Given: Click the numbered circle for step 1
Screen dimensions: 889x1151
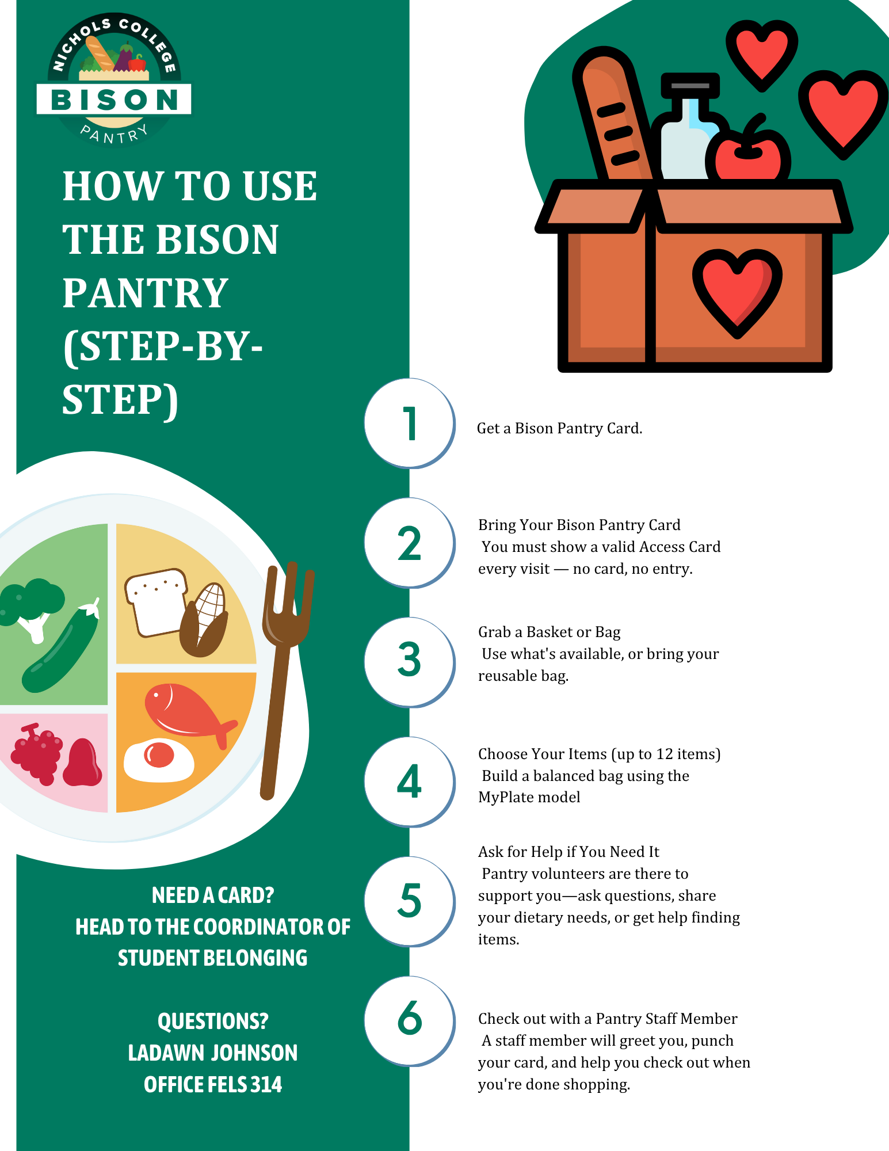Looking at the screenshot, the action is (410, 424).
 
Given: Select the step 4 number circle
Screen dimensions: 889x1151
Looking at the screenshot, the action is (410, 782).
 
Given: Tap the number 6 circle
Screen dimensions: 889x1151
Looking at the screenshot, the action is (410, 1021).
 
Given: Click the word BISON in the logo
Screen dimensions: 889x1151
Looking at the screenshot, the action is (115, 100).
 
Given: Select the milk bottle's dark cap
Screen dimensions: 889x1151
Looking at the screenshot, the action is (690, 85).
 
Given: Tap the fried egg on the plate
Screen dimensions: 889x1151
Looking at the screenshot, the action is (159, 760).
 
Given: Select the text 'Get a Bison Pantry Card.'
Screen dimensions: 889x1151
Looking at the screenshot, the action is (559, 428).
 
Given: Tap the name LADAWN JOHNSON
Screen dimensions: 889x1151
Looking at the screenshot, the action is (213, 1053).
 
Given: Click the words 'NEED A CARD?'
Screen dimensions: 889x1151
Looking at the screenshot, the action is (213, 895).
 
